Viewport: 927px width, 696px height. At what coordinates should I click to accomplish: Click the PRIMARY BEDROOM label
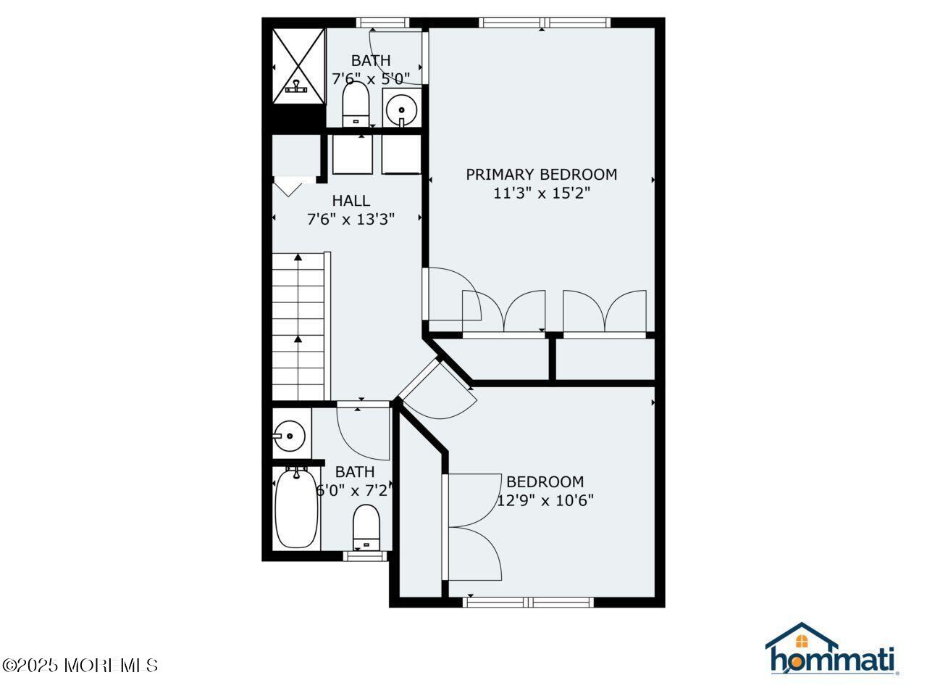pyautogui.click(x=541, y=174)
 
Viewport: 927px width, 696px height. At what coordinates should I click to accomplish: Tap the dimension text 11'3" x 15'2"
pyautogui.click(x=541, y=193)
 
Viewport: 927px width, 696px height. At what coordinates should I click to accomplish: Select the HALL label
pyautogui.click(x=351, y=200)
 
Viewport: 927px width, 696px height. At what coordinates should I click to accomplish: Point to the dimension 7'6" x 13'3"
pyautogui.click(x=351, y=220)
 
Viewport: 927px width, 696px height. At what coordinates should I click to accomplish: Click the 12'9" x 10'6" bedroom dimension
pyautogui.click(x=545, y=501)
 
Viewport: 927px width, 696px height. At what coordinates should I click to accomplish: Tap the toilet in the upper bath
pyautogui.click(x=356, y=104)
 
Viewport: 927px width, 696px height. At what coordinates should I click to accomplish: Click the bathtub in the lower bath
pyautogui.click(x=296, y=508)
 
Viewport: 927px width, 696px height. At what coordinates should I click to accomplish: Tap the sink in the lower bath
pyautogui.click(x=289, y=435)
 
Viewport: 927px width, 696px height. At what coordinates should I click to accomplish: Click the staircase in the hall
pyautogui.click(x=298, y=326)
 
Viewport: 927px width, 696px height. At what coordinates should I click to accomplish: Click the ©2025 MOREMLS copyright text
pyautogui.click(x=80, y=666)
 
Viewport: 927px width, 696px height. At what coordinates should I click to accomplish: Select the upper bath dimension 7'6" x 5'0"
pyautogui.click(x=371, y=79)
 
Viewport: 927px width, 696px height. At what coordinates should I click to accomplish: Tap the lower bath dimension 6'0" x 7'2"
pyautogui.click(x=355, y=491)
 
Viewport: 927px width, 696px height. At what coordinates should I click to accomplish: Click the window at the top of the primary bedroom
pyautogui.click(x=545, y=22)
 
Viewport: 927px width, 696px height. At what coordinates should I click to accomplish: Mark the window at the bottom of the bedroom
pyautogui.click(x=529, y=602)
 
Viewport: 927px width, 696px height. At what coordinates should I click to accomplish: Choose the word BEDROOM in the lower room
pyautogui.click(x=545, y=481)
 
